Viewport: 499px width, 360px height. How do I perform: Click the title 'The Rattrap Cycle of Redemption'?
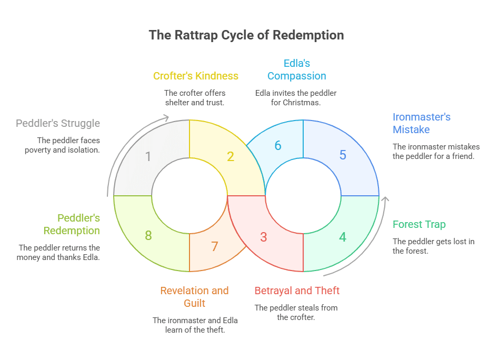[x=246, y=35]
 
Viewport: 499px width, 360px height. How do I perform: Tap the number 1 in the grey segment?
[x=148, y=156]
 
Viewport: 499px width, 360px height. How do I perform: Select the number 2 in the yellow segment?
[x=231, y=156]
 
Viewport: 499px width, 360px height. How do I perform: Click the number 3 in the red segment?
[x=264, y=237]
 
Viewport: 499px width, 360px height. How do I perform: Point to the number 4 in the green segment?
[x=343, y=237]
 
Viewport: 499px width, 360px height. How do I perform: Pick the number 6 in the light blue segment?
[x=214, y=246]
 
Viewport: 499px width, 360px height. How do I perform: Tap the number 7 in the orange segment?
[x=148, y=235]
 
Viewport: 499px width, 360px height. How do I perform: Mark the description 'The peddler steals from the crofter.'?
[x=296, y=312]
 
